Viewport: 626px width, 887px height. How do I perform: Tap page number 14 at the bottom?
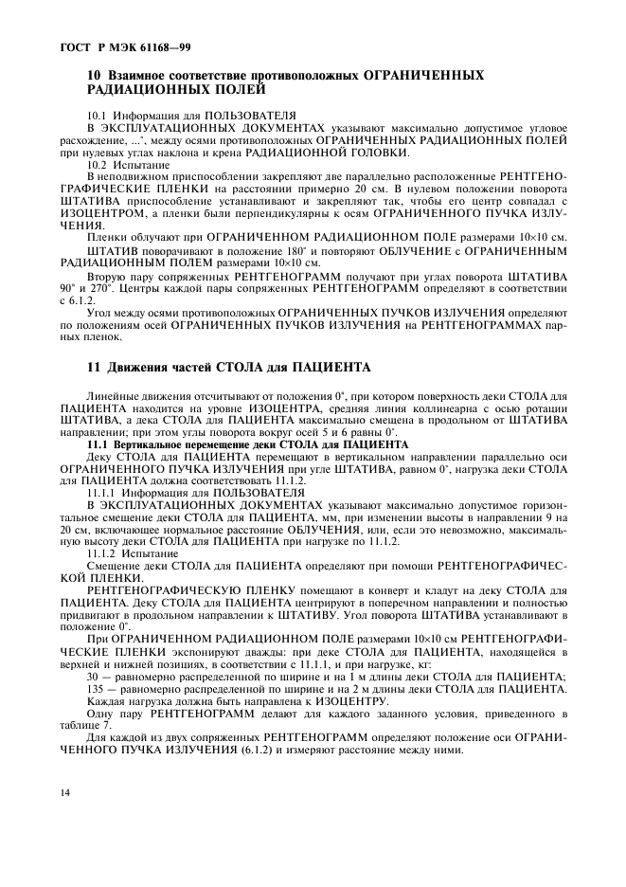pos(63,790)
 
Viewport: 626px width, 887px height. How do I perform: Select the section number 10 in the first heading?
pos(94,76)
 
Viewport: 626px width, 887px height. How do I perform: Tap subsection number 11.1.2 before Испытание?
pos(103,552)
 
